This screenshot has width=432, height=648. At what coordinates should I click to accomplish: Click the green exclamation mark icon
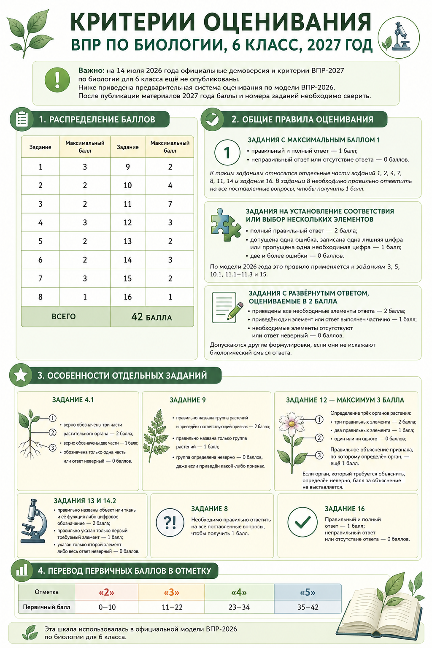(x=57, y=80)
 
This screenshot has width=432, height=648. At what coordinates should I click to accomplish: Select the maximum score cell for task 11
(x=170, y=204)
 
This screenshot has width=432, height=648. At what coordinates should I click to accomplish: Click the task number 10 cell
(x=127, y=186)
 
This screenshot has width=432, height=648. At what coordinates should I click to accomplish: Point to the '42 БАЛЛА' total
(x=151, y=317)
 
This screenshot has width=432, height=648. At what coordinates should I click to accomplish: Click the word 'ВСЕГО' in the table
(x=64, y=316)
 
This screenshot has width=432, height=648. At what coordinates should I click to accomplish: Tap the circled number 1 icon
(x=227, y=152)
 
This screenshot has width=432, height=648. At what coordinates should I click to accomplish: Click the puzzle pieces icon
(x=225, y=224)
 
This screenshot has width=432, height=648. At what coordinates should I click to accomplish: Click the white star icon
(x=21, y=375)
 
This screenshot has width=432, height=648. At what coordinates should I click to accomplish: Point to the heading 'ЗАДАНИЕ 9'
(x=187, y=400)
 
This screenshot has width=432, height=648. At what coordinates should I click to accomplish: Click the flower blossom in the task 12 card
(x=291, y=424)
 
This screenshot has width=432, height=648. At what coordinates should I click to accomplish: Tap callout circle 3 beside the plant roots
(x=52, y=448)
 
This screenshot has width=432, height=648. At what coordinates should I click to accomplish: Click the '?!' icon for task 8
(x=170, y=522)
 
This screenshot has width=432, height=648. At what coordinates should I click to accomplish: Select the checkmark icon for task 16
(x=302, y=522)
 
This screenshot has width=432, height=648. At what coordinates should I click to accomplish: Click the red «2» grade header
(x=106, y=592)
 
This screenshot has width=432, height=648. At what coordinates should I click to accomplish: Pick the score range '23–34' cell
(x=239, y=607)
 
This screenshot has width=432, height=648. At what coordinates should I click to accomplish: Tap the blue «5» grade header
(x=308, y=592)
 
